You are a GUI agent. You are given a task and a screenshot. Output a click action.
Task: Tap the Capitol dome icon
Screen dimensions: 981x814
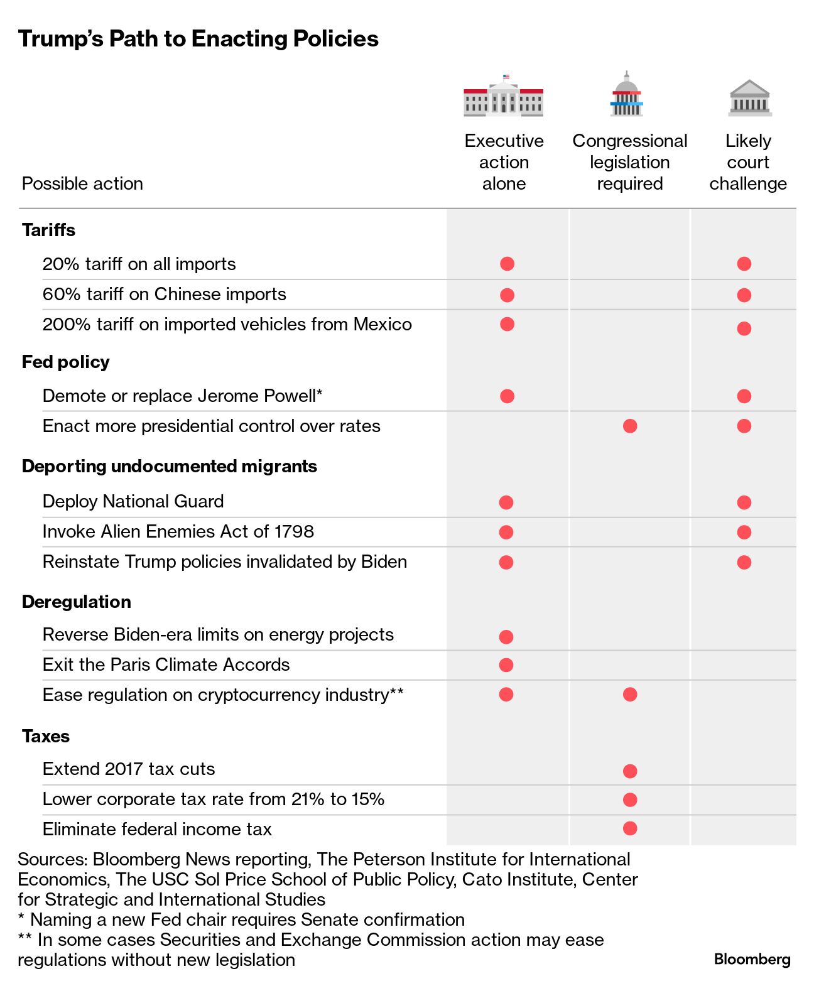626,95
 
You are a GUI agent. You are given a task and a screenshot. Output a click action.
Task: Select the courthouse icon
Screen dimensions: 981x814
749,99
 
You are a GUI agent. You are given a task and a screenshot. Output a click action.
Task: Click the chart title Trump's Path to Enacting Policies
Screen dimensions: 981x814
198,39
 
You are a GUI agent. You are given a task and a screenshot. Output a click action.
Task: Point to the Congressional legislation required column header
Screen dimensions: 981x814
629,162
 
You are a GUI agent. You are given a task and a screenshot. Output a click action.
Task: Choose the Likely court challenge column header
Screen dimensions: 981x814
748,162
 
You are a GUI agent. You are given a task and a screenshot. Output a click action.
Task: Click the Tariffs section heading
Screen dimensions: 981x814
48,230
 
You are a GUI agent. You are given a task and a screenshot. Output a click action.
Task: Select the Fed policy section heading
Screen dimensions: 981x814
65,362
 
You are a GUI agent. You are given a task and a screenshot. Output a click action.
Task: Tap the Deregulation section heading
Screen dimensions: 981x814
76,602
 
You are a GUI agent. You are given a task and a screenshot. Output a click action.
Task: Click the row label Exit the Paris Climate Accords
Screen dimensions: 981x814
166,664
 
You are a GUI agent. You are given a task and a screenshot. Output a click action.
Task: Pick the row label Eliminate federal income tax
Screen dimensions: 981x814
157,829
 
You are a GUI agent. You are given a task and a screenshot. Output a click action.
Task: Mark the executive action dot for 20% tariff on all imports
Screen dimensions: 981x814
507,264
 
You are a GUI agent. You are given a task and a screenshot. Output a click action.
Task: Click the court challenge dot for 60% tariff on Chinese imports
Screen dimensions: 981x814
744,295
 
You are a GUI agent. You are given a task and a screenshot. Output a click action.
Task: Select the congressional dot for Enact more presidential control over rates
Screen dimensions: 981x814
630,426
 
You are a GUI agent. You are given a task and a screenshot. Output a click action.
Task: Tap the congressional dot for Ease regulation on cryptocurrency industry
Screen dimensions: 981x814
630,694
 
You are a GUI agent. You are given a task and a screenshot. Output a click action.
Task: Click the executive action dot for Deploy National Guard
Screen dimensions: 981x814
506,502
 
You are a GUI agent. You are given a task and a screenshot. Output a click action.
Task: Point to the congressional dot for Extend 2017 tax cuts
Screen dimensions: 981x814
630,771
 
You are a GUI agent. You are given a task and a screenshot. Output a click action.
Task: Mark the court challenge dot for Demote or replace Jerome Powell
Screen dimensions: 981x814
744,396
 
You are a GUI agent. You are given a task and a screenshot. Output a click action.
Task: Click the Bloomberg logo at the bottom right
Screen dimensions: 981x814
752,959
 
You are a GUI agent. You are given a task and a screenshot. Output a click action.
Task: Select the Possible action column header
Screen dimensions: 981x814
82,183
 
